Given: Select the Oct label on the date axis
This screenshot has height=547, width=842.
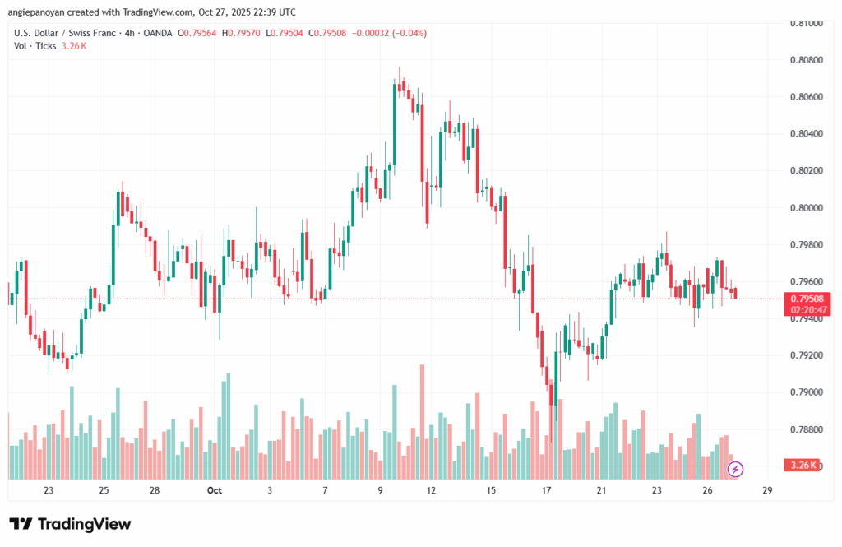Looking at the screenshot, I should point(215,490).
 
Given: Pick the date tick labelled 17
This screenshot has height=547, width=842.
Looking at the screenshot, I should point(546,490).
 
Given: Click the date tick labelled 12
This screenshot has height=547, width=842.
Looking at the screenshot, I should point(430,490).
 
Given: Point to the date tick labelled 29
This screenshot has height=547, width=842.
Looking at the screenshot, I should point(766,490).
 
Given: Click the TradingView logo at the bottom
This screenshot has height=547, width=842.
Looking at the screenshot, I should point(70,524).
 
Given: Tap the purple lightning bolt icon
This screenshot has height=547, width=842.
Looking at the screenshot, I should point(736,469).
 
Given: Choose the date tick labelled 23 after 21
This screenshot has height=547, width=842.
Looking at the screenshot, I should point(657,490).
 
